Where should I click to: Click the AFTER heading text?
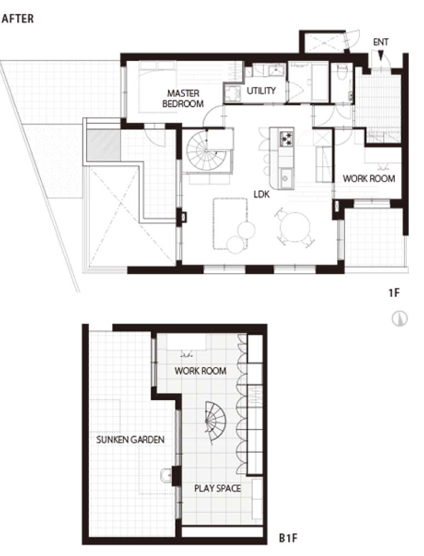click(18, 18)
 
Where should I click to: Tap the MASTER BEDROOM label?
click(183, 98)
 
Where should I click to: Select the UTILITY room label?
click(261, 91)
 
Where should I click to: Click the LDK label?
click(262, 194)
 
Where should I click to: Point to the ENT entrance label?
click(381, 42)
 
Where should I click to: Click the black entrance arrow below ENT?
click(381, 55)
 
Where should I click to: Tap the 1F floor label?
click(394, 293)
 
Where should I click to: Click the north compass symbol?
click(400, 319)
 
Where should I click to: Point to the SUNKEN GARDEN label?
click(131, 440)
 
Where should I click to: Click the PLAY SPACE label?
click(218, 488)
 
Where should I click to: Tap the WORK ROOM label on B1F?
click(200, 371)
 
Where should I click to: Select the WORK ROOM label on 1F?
click(369, 178)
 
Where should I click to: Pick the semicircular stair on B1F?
click(215, 423)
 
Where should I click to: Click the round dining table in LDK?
click(295, 227)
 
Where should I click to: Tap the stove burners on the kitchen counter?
click(287, 138)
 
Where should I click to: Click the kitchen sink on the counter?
click(286, 178)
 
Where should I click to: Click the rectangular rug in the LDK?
click(230, 224)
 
